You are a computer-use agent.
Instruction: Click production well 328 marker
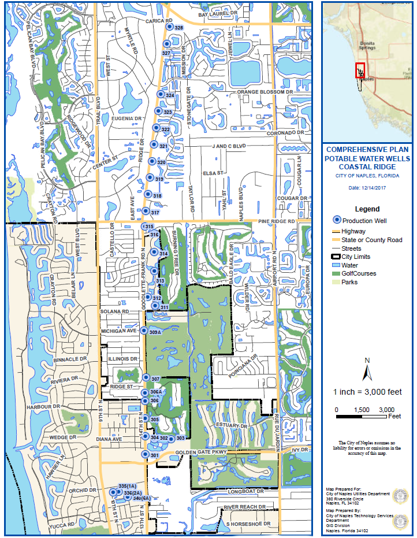coord(169,27)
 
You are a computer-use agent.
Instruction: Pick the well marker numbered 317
coord(146,212)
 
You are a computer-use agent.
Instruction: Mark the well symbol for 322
coord(155,128)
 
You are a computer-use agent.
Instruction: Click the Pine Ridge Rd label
coord(277,221)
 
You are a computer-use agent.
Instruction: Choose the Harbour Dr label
coord(49,407)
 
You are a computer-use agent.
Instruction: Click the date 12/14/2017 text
coord(367,187)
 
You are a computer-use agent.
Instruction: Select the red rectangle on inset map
coord(360,71)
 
